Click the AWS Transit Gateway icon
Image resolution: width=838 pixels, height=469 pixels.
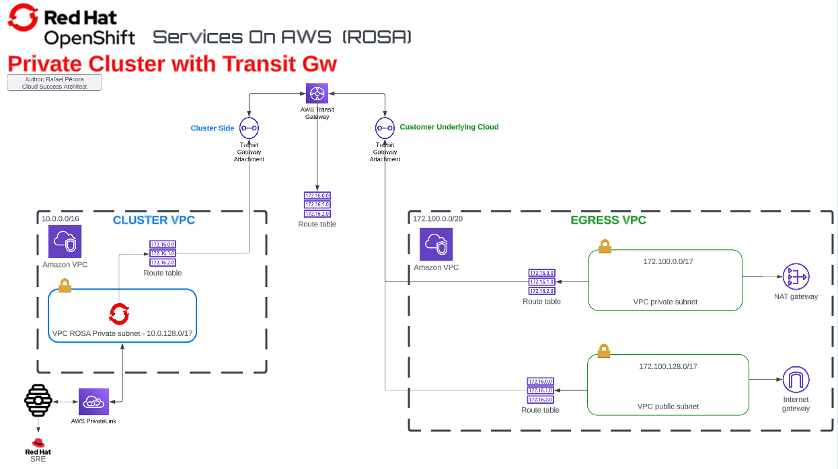(317, 94)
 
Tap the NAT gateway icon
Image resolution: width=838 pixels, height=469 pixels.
(796, 276)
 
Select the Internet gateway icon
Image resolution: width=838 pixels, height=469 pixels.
(796, 380)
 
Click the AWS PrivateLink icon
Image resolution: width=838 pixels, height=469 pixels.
(93, 402)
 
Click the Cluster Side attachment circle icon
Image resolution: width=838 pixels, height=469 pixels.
(249, 128)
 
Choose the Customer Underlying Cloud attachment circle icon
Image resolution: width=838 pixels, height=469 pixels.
(385, 128)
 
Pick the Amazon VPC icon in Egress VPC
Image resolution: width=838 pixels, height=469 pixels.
(436, 245)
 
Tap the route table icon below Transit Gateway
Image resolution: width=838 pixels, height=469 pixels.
(317, 204)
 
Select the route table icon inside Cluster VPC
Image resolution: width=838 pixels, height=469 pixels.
(163, 253)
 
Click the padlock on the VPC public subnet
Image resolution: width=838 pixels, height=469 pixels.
(604, 351)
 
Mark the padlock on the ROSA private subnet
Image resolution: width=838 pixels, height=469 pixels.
(65, 286)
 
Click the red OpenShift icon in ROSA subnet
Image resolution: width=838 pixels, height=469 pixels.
(120, 313)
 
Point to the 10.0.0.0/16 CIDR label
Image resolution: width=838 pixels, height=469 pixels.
(61, 219)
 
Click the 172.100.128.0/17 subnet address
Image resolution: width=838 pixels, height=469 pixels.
(668, 366)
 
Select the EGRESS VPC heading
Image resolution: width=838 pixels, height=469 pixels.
(608, 220)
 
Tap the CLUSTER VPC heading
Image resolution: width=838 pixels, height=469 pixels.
(153, 220)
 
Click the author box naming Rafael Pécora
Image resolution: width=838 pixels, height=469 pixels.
(54, 83)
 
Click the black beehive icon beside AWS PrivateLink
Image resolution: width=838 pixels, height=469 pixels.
(38, 401)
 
